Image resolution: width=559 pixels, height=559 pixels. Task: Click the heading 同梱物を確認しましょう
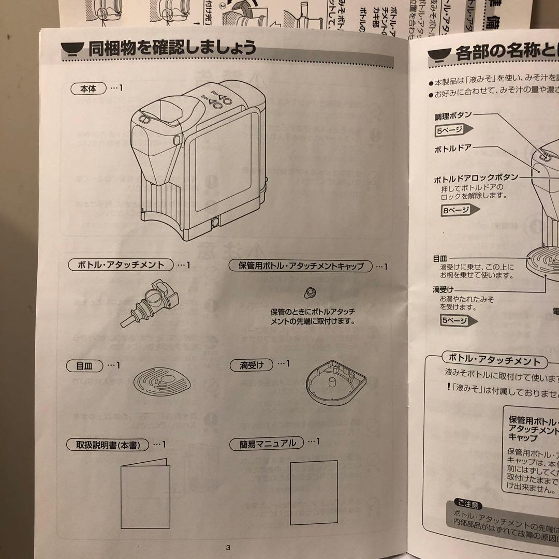point(172,49)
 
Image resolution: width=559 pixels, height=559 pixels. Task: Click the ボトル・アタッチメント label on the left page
point(121,265)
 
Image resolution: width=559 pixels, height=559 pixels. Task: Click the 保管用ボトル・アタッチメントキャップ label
point(301,267)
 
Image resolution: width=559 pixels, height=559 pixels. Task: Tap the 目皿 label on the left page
point(85,365)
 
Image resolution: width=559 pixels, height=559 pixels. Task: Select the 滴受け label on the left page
point(252,365)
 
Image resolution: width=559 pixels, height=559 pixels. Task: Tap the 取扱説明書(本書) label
point(108,445)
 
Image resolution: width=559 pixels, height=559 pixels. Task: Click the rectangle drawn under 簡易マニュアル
point(314,492)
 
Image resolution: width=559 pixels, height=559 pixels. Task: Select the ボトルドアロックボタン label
point(475,178)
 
